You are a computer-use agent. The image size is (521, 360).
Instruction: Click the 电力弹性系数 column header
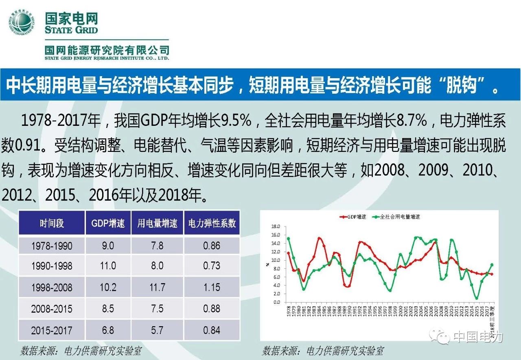tap(212, 223)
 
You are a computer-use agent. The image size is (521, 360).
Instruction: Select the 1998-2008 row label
tap(52, 287)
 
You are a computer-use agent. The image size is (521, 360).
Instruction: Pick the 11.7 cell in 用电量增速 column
tap(157, 287)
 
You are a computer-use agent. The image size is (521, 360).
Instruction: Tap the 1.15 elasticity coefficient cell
tap(212, 287)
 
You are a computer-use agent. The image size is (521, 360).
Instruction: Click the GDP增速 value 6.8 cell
tap(108, 330)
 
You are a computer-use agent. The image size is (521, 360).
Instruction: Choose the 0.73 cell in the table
tap(212, 266)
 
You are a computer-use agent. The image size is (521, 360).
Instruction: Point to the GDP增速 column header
tap(108, 223)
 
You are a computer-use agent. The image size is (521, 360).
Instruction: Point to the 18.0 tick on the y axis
tap(276, 226)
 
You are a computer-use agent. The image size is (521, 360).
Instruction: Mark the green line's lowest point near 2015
tap(476, 298)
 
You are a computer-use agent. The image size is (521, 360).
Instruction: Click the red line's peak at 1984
tap(319, 238)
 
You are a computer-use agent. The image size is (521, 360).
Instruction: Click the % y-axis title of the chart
tap(267, 264)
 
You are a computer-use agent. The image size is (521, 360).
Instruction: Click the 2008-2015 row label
tap(52, 309)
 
